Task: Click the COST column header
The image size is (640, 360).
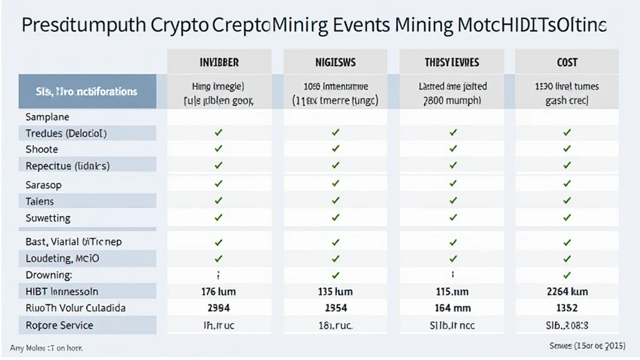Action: (x=567, y=62)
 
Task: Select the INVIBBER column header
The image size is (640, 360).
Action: (x=219, y=62)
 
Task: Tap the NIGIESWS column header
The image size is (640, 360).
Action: (x=336, y=62)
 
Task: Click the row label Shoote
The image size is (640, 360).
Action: (x=42, y=149)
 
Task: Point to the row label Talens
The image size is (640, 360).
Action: (x=40, y=201)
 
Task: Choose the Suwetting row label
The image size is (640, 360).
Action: (x=48, y=218)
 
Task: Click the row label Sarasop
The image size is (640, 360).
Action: (x=44, y=185)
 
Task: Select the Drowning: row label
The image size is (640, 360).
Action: (x=49, y=275)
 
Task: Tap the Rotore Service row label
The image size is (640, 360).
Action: (x=59, y=325)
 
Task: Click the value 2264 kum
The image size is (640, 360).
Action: (x=566, y=291)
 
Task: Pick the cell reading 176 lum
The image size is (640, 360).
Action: (x=218, y=291)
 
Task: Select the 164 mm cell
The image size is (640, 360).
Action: (x=452, y=307)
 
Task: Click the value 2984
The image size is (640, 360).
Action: (x=218, y=307)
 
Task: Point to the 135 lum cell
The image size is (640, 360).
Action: (x=335, y=291)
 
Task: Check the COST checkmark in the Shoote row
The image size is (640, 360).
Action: (x=567, y=149)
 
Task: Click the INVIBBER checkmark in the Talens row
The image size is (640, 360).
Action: (x=218, y=201)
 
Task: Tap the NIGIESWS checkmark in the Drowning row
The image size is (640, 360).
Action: (x=336, y=275)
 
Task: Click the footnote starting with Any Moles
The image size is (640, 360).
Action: (x=46, y=347)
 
